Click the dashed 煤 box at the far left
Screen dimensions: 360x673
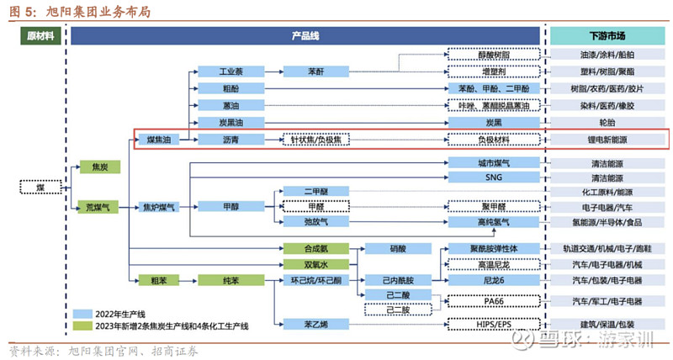click(x=40, y=186)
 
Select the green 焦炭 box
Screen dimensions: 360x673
click(x=99, y=167)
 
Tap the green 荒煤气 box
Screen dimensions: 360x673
click(x=99, y=206)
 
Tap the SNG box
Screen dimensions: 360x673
click(x=494, y=177)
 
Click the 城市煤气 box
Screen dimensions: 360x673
click(x=494, y=162)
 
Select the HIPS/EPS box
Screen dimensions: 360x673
click(x=494, y=324)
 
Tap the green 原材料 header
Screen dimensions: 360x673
click(x=40, y=36)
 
